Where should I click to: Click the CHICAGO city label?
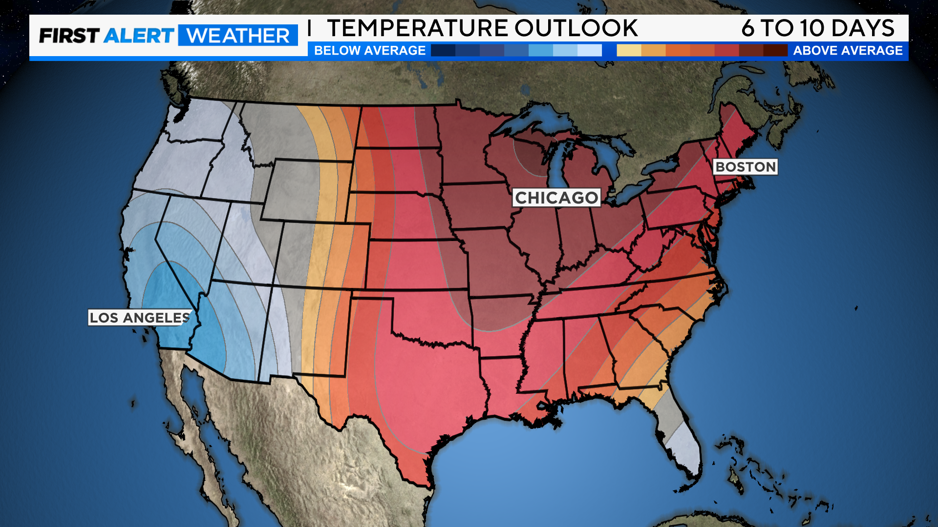point(556,198)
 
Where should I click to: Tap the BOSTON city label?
point(746,167)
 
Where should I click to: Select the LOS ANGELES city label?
point(140,318)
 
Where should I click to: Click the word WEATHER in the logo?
point(238,36)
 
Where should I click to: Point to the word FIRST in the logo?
point(69,36)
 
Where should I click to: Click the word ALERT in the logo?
point(139,36)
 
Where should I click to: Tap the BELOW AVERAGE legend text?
point(370,50)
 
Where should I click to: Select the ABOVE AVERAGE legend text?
point(848,50)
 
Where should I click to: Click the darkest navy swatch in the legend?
point(443,50)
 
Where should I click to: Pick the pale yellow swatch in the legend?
point(629,50)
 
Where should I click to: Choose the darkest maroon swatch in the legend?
point(775,50)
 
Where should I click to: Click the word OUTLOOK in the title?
point(576,28)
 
